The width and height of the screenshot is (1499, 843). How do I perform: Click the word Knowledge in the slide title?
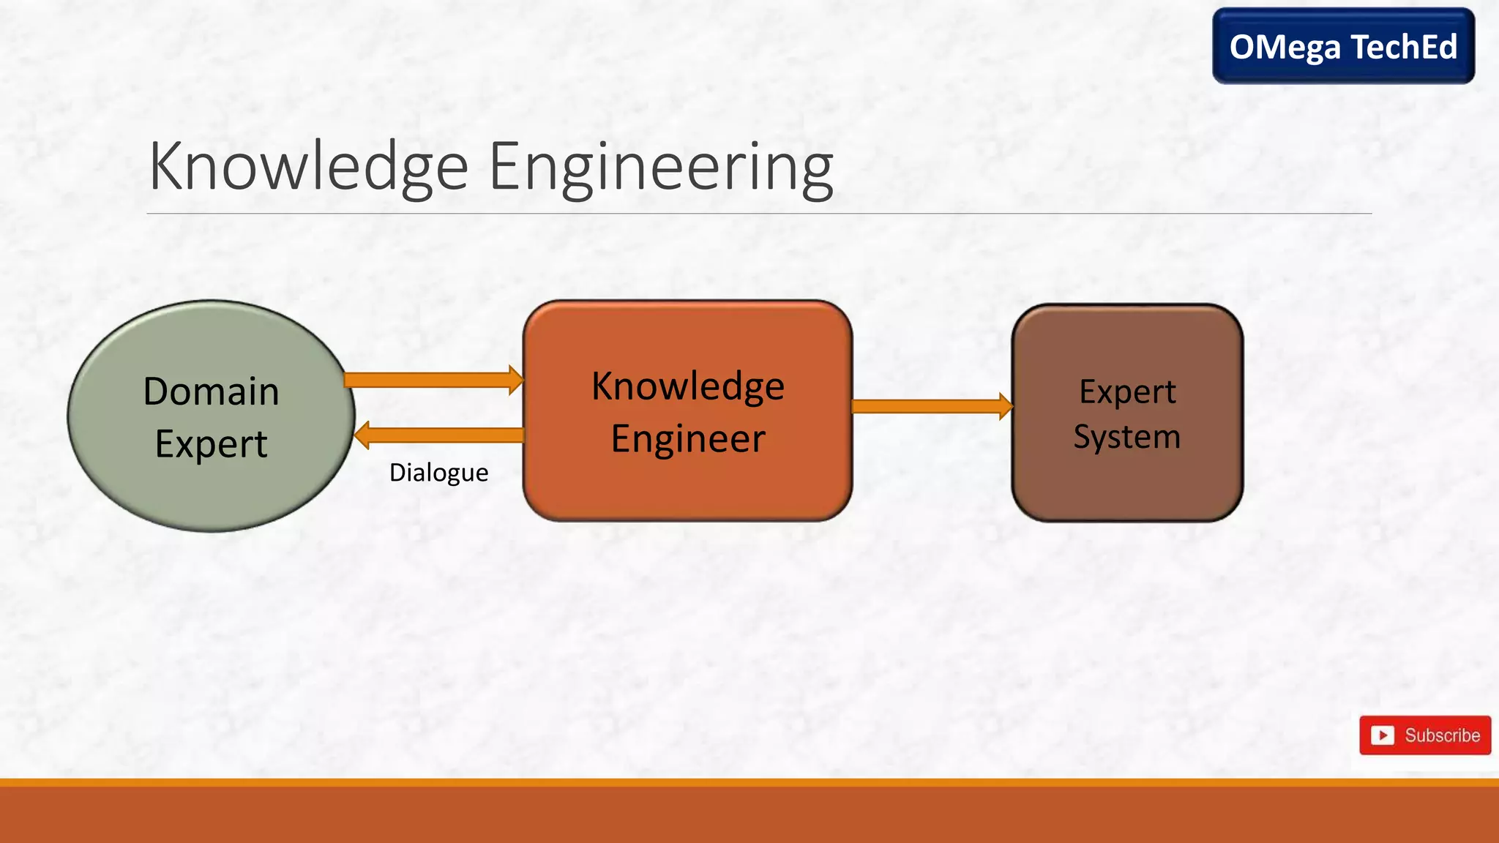click(308, 168)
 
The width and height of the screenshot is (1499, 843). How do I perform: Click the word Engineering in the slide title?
click(660, 168)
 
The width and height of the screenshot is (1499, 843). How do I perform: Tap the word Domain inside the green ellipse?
click(211, 391)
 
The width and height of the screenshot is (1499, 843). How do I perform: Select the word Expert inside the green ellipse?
click(211, 443)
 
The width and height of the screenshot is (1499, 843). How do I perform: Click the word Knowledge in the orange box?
click(687, 386)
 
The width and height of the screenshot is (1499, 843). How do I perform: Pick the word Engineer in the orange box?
click(687, 439)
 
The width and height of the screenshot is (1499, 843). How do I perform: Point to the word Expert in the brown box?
click(1127, 392)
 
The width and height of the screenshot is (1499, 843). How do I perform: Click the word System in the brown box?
click(1127, 437)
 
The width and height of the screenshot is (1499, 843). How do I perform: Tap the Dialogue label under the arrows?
click(438, 473)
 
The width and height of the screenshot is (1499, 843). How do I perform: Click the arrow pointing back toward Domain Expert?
click(446, 435)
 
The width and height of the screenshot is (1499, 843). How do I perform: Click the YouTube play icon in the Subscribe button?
click(1382, 735)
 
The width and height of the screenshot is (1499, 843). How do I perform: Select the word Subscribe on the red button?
click(1442, 735)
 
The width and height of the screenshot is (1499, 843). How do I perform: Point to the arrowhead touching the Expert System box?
click(1006, 406)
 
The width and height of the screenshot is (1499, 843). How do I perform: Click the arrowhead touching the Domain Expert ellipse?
click(362, 435)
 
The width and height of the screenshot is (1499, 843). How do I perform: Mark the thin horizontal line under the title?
click(758, 214)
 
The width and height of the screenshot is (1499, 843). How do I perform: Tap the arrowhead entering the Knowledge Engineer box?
click(516, 380)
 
